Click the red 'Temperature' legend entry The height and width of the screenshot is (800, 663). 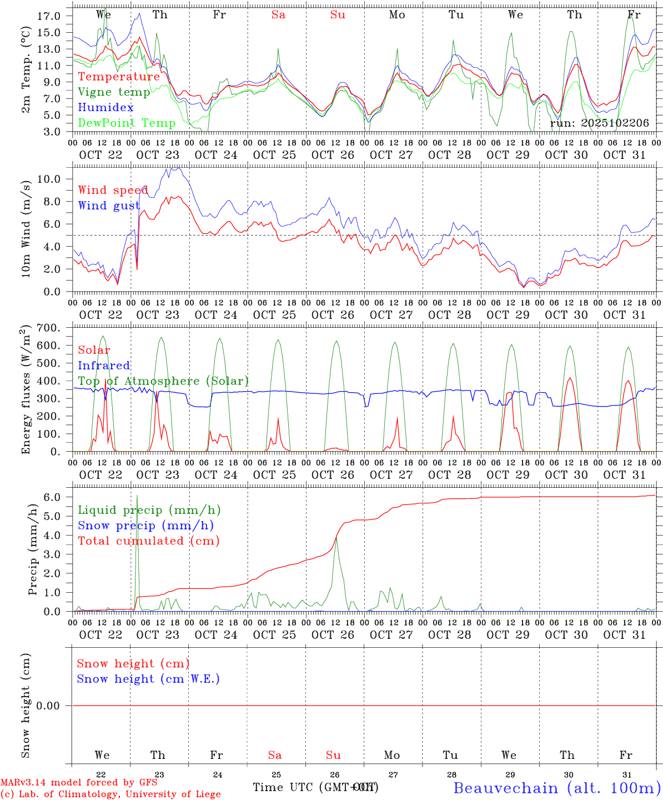(x=119, y=77)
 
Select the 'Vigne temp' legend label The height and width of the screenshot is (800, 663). (x=114, y=92)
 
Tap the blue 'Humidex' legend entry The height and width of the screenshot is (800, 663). (x=106, y=108)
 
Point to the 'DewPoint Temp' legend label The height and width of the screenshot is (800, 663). (x=127, y=123)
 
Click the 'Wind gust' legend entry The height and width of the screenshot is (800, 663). (x=109, y=206)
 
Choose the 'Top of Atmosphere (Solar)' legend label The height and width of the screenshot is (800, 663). (x=163, y=381)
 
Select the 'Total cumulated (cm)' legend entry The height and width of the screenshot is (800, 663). (x=148, y=541)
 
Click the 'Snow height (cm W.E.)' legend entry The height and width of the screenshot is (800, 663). (x=148, y=679)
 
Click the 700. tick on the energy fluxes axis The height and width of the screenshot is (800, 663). (x=48, y=328)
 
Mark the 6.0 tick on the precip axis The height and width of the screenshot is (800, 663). (x=52, y=497)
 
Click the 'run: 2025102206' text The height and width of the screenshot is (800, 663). (x=599, y=123)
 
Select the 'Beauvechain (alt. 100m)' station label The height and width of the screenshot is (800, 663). (x=557, y=788)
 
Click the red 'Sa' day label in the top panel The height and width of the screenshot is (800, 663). (x=278, y=15)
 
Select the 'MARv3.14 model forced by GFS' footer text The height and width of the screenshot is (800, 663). (x=79, y=783)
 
